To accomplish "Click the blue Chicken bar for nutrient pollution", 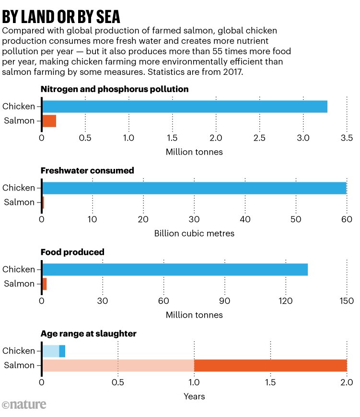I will coord(185,107).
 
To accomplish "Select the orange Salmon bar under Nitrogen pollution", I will coord(49,121).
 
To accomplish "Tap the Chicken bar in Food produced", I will coord(175,270).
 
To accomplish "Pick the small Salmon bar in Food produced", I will coord(45,284).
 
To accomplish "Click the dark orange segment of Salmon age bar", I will coord(270,366).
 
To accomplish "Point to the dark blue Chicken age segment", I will coord(62,351).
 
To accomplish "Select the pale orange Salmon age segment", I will coord(118,366).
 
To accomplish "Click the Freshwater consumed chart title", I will coord(87,171).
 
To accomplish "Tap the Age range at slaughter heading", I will coord(89,334).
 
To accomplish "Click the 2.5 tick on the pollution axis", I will coord(259,138).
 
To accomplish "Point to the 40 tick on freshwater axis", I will coord(245,220).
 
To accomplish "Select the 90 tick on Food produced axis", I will coord(225,301).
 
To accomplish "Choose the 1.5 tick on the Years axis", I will coord(270,383).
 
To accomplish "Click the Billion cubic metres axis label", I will coord(194,234).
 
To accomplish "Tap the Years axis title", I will coord(194,396).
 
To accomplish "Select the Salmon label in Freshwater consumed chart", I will coord(19,203).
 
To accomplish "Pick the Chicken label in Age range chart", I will coord(19,351).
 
